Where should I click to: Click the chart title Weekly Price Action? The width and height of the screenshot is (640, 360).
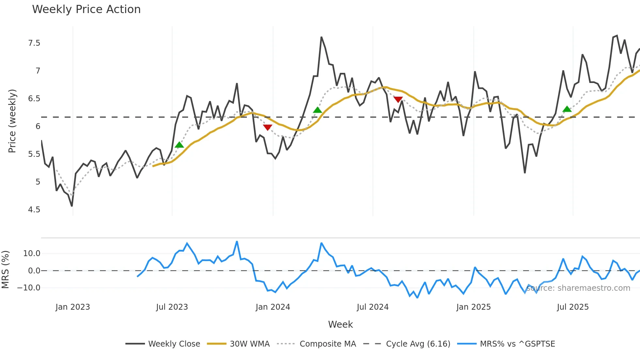pyautogui.click(x=86, y=9)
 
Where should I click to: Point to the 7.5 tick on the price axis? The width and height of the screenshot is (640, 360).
pyautogui.click(x=34, y=43)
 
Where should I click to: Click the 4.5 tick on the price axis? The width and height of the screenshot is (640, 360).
pyautogui.click(x=34, y=210)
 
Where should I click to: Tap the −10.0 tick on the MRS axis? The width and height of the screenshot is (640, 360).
pyautogui.click(x=29, y=288)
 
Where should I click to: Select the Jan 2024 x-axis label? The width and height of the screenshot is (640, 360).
pyautogui.click(x=273, y=307)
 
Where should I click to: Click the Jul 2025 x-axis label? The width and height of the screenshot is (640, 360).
pyautogui.click(x=573, y=307)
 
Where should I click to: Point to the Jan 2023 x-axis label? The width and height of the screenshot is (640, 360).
pyautogui.click(x=72, y=307)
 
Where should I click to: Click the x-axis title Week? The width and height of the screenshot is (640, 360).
pyautogui.click(x=340, y=324)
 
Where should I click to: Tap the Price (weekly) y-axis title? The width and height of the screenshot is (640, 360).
pyautogui.click(x=12, y=121)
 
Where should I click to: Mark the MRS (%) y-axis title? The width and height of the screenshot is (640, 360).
pyautogui.click(x=5, y=270)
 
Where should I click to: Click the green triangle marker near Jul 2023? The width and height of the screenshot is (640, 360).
pyautogui.click(x=179, y=145)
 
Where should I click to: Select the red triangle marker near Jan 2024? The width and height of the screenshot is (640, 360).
pyautogui.click(x=267, y=127)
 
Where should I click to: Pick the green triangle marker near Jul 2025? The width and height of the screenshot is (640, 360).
pyautogui.click(x=567, y=109)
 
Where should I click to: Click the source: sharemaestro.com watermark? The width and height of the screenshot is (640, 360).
pyautogui.click(x=578, y=288)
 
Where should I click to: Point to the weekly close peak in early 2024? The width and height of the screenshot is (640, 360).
pyautogui.click(x=321, y=37)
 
